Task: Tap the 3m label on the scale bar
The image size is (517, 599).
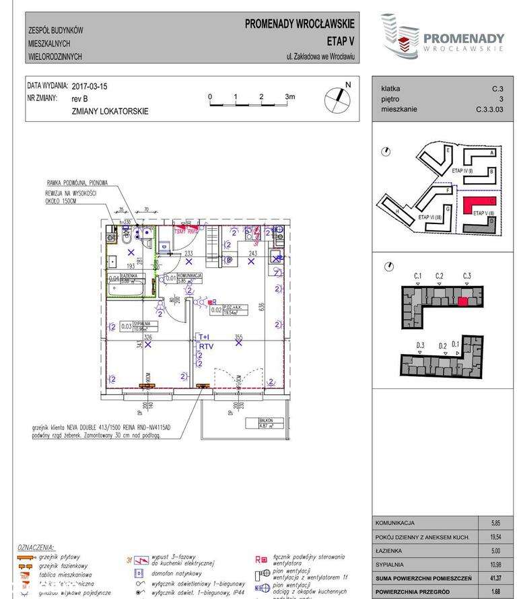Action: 289,98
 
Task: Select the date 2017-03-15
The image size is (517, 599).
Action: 89,87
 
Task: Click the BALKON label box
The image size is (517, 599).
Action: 271,423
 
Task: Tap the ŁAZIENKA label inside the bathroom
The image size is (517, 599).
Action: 129,277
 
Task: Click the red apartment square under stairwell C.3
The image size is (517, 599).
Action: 462,301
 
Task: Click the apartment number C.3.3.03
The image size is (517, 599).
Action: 489,108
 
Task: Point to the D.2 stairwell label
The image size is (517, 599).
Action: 442,346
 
